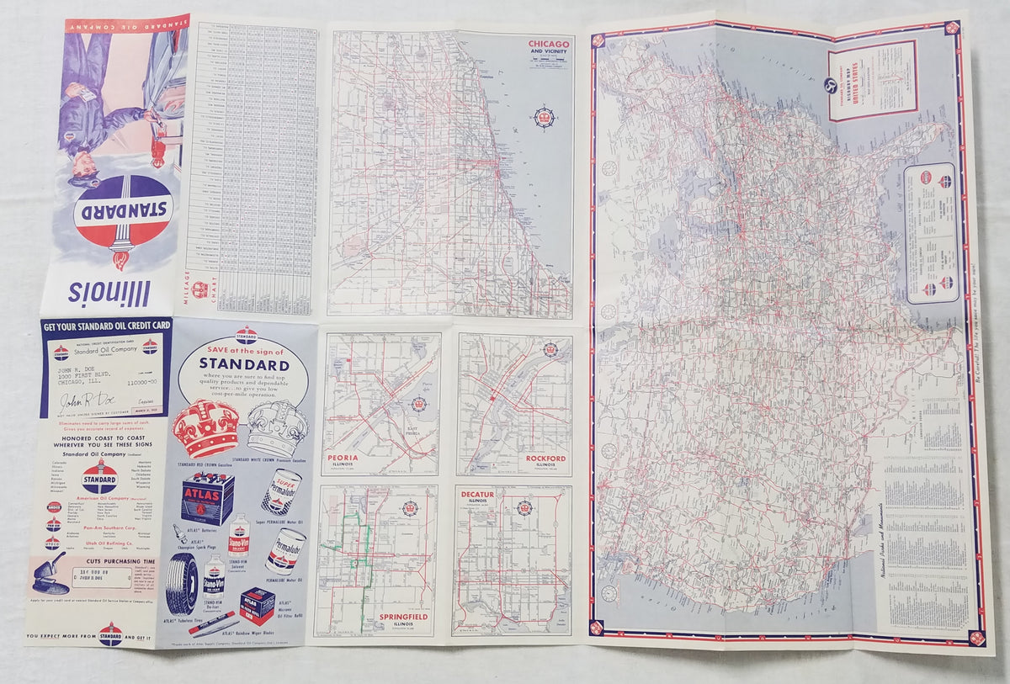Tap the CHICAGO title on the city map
pos(548,44)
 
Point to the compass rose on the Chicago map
pos(544,117)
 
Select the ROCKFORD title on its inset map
pos(545,459)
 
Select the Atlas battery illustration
pos(208,497)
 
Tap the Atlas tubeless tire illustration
pos(183,581)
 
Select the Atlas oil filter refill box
pos(257,605)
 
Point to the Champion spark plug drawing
pos(181,533)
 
